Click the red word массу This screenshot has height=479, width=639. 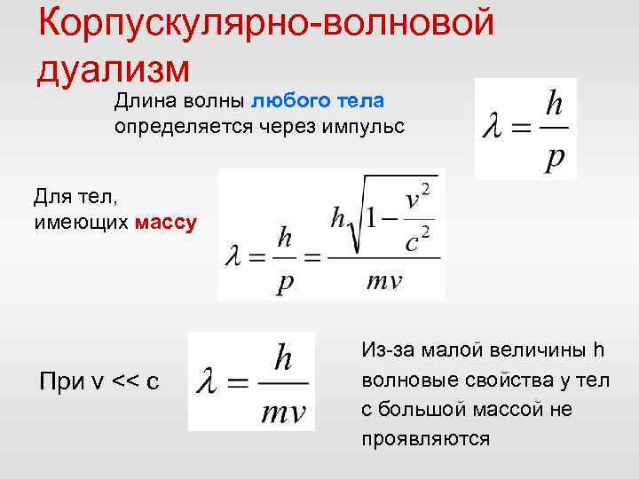[x=166, y=222]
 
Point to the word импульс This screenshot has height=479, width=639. [x=366, y=127]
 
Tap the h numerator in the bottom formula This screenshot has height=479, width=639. [x=284, y=357]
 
